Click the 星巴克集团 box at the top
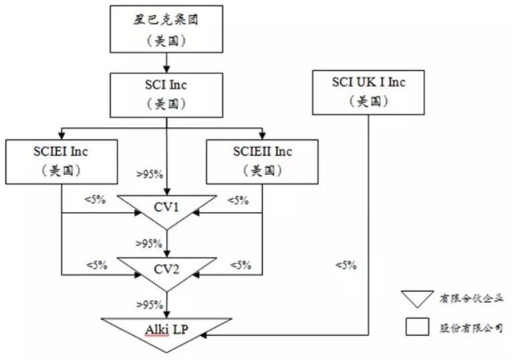pos(167,27)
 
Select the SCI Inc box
pos(167,93)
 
